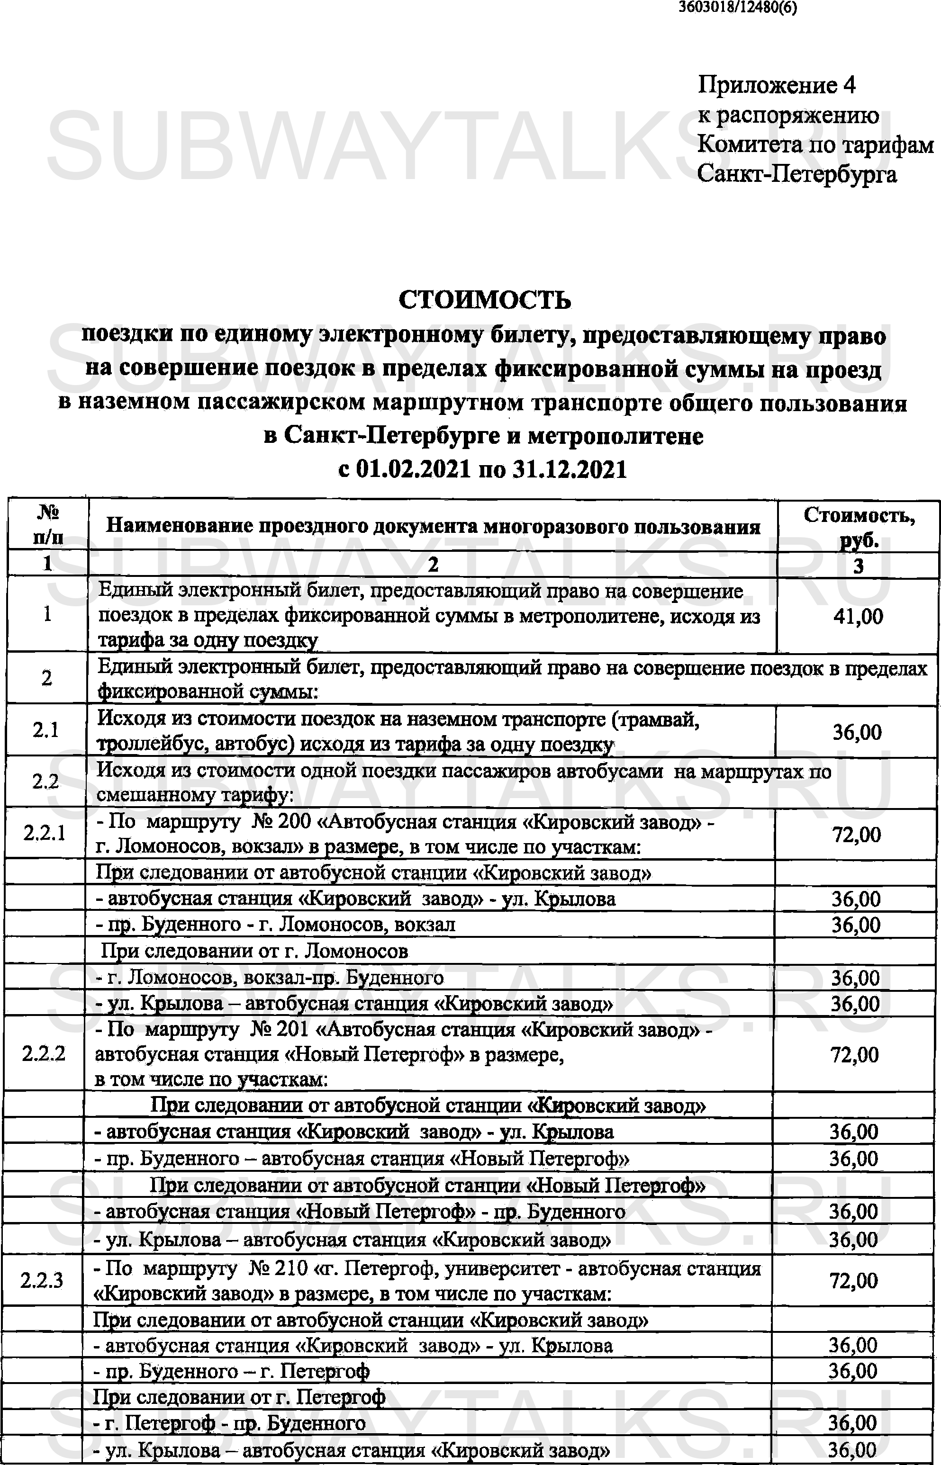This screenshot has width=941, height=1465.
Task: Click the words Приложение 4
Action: [776, 85]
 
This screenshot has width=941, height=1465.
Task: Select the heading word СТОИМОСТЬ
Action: [485, 300]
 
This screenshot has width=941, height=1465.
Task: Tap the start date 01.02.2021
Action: [413, 469]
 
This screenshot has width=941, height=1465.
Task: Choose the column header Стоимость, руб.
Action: [859, 526]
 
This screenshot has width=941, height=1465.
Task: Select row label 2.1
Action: [46, 730]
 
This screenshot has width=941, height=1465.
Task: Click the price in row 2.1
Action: [857, 732]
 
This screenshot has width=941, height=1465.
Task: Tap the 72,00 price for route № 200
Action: [856, 834]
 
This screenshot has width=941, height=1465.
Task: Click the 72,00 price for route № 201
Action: [854, 1055]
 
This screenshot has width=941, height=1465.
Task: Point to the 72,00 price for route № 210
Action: [854, 1281]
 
